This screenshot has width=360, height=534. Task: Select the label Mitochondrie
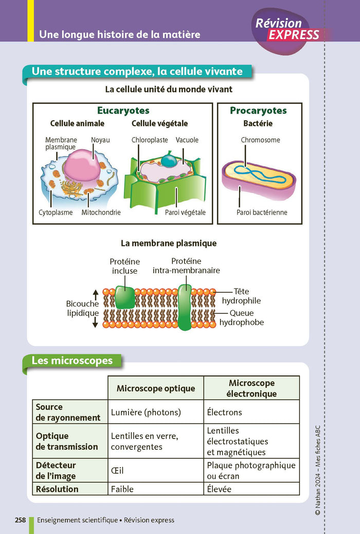[101, 212]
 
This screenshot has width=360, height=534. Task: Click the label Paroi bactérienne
[262, 212]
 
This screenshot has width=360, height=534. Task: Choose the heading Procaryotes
[258, 111]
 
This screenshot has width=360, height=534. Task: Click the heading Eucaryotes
[123, 111]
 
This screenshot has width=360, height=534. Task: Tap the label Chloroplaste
[150, 140]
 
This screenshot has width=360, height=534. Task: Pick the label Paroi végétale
[185, 212]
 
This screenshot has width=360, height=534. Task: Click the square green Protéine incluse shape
[124, 298]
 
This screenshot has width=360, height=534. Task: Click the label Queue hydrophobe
[241, 318]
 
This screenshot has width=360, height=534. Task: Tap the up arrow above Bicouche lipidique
[95, 293]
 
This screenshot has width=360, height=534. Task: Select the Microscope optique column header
[156, 388]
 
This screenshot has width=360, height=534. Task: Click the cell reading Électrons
[224, 412]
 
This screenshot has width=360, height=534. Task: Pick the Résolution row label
[57, 489]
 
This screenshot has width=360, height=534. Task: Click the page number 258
[21, 520]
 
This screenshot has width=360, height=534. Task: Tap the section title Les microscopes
[72, 361]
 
